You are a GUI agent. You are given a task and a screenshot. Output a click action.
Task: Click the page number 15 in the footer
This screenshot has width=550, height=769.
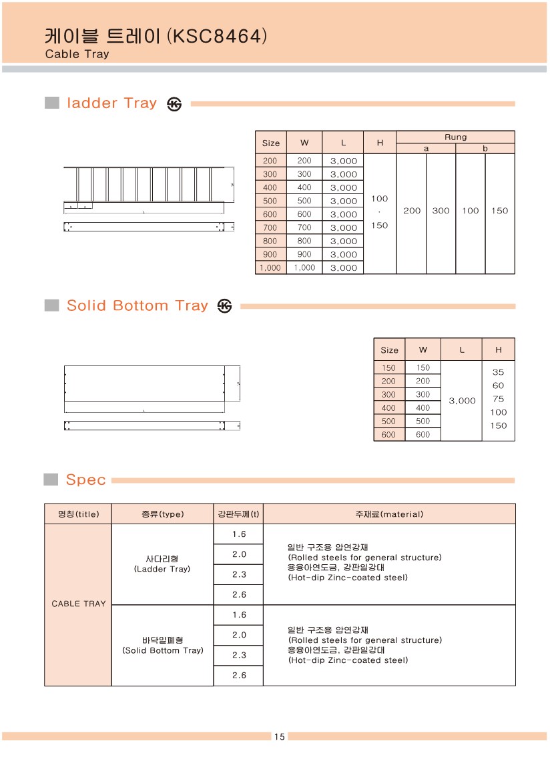[x=279, y=736]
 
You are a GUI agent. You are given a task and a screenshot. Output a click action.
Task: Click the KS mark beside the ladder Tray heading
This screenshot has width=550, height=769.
[x=174, y=104]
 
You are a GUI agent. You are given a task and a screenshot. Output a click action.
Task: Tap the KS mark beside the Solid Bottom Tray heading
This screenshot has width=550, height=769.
[x=225, y=306]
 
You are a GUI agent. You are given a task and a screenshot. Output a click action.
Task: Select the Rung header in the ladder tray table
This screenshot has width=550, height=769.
[x=455, y=137]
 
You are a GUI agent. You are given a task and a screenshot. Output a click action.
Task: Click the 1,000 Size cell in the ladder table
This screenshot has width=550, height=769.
[x=270, y=267]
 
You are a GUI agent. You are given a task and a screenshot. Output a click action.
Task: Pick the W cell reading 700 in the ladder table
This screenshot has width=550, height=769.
[x=304, y=227]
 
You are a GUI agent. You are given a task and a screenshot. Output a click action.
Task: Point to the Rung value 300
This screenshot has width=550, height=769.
[x=441, y=211]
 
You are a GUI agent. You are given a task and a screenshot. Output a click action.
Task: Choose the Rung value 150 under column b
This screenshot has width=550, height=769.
[x=499, y=211]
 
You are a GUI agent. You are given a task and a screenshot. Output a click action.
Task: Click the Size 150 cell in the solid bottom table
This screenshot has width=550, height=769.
[x=388, y=367]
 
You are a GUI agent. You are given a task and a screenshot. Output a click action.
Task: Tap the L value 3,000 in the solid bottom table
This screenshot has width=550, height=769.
[x=462, y=400]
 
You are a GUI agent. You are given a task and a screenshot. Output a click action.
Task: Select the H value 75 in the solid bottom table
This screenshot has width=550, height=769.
[x=498, y=399]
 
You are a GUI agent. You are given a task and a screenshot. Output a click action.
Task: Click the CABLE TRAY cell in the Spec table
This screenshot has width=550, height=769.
[x=79, y=604]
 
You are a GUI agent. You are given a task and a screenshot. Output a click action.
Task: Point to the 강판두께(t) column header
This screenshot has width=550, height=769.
[x=238, y=514]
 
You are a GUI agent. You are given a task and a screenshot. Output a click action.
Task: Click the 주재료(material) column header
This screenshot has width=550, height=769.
[x=389, y=514]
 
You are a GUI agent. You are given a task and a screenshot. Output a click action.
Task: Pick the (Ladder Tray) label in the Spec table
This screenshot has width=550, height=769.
[x=162, y=569]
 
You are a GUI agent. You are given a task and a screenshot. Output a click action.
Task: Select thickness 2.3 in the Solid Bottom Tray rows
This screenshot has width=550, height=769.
[x=239, y=655]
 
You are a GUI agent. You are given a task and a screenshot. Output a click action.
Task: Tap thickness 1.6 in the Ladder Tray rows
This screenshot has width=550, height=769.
[x=239, y=534]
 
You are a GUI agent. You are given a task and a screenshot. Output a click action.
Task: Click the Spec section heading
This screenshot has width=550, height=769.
[x=86, y=480]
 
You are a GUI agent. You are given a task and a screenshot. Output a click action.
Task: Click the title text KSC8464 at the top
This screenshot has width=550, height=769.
[x=217, y=35]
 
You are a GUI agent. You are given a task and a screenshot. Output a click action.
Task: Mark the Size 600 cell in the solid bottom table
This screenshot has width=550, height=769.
[x=388, y=434]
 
